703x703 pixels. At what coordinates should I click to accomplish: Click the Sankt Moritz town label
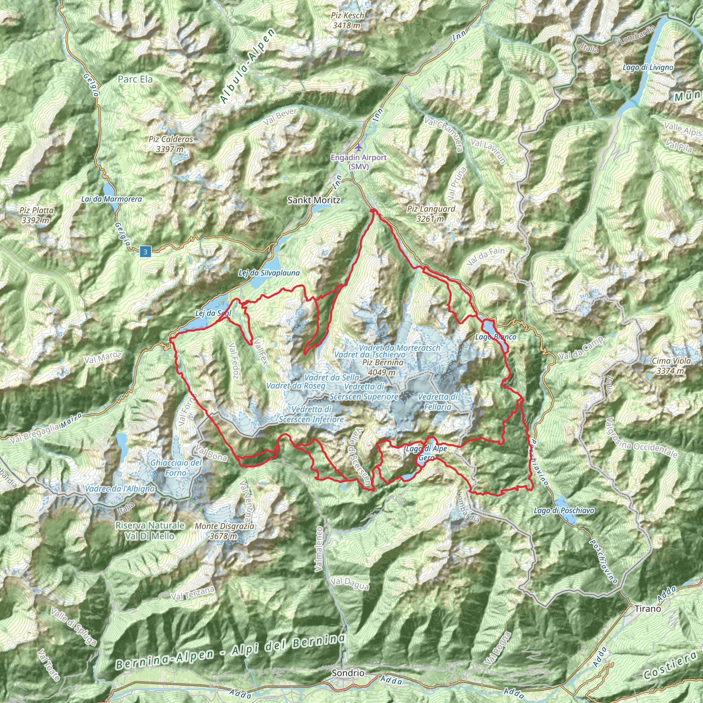pyautogui.click(x=314, y=200)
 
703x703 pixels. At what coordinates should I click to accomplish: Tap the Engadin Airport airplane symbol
pyautogui.click(x=359, y=147)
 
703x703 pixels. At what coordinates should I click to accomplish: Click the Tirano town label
pyautogui.click(x=647, y=608)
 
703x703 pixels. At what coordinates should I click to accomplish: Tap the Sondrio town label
pyautogui.click(x=348, y=673)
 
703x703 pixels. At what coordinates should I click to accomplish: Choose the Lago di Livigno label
pyautogui.click(x=648, y=67)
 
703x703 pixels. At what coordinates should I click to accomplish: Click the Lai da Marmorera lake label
pyautogui.click(x=111, y=199)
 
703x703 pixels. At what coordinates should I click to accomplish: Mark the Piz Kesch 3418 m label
pyautogui.click(x=347, y=20)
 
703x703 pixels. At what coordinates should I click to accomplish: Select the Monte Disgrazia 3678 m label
pyautogui.click(x=224, y=531)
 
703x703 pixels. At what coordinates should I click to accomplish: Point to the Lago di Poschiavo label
pyautogui.click(x=564, y=510)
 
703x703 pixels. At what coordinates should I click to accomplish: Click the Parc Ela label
pyautogui.click(x=135, y=79)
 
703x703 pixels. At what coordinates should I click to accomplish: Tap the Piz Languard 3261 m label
pyautogui.click(x=431, y=214)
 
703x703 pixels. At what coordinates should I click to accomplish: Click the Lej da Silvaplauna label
pyautogui.click(x=269, y=273)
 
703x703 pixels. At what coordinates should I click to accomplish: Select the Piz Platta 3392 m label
pyautogui.click(x=36, y=215)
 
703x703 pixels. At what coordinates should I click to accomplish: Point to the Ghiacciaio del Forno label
pyautogui.click(x=176, y=468)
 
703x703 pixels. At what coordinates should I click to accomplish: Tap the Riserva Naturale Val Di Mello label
pyautogui.click(x=150, y=531)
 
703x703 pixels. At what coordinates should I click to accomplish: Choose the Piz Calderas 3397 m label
pyautogui.click(x=171, y=144)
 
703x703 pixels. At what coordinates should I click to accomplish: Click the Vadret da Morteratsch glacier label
pyautogui.click(x=399, y=348)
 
